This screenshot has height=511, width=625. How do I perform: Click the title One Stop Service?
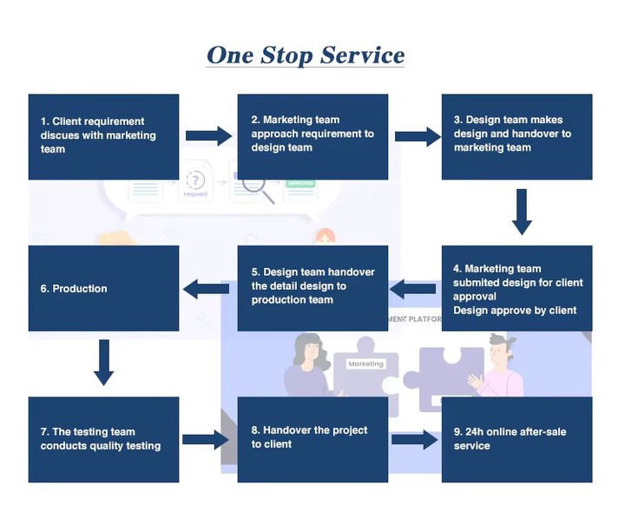click(x=306, y=56)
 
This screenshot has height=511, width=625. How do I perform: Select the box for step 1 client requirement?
click(x=103, y=136)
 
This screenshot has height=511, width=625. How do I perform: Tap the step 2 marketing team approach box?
click(x=312, y=136)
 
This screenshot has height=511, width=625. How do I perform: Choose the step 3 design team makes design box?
click(x=516, y=136)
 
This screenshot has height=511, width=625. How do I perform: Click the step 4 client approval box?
click(x=516, y=289)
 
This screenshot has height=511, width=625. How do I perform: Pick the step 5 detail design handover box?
click(x=312, y=287)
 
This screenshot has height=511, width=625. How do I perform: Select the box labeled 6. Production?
click(x=103, y=288)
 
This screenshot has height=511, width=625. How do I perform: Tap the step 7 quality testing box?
click(x=103, y=439)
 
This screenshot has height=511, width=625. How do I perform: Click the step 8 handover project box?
click(x=312, y=439)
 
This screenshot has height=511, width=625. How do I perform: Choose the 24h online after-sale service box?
click(x=516, y=439)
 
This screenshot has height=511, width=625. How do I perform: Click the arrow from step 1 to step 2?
click(x=208, y=135)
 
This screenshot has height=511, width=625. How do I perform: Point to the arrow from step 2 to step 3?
click(x=418, y=135)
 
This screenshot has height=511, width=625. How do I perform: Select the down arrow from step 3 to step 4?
click(x=521, y=212)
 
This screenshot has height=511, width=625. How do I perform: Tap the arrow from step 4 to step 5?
click(x=414, y=288)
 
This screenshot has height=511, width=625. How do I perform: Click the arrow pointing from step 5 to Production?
click(x=206, y=288)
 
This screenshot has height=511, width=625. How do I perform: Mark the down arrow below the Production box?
click(x=103, y=362)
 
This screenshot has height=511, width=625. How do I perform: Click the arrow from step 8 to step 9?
click(x=415, y=440)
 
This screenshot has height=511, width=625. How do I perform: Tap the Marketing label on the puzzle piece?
click(x=365, y=364)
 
